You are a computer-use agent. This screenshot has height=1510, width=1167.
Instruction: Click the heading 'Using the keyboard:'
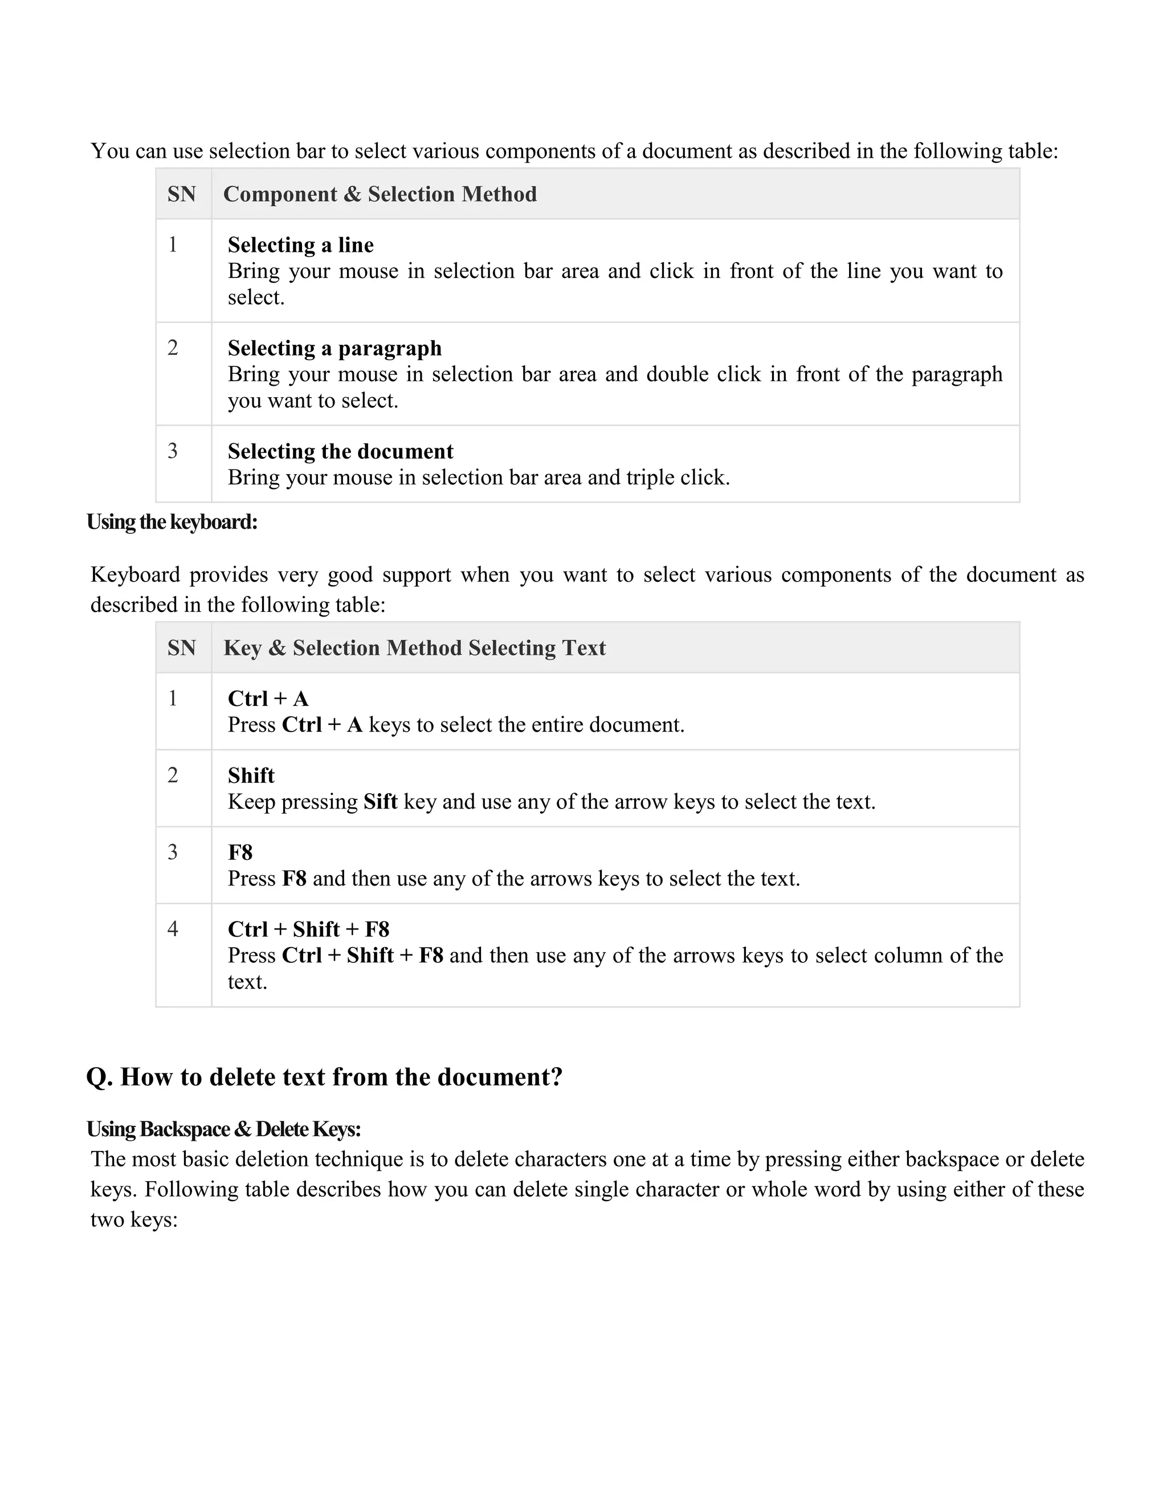coord(172,522)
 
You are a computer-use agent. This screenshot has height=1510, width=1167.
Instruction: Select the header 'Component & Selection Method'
coord(380,194)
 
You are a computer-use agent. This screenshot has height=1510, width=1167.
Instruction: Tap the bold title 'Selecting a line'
coord(301,245)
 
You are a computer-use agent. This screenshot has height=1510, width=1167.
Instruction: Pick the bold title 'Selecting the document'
coord(340,451)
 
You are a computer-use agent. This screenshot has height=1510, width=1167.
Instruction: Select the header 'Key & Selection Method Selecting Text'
coord(414,648)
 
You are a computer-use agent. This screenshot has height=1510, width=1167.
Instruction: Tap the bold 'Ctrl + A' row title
coord(268,699)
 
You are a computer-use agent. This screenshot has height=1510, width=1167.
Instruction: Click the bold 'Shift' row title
coord(251,775)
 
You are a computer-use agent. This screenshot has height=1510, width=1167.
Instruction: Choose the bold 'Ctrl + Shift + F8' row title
coord(308,929)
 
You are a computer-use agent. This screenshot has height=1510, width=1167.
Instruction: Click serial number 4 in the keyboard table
coord(173,929)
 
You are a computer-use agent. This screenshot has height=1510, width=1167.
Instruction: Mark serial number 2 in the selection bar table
coord(173,348)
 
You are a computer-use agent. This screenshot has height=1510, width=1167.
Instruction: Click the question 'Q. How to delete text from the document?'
coord(324,1077)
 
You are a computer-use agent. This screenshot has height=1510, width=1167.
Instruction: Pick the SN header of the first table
coord(182,194)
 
